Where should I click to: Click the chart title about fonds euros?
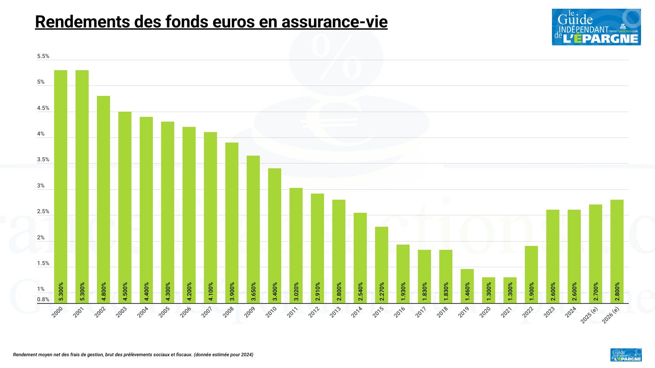pos(211,22)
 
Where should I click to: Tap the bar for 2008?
pos(232,223)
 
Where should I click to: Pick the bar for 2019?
pos(467,286)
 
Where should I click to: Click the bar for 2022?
pos(531,275)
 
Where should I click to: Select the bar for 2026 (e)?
pos(617,252)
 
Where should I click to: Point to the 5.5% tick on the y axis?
pos(43,56)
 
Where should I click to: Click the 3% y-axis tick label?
pos(41,186)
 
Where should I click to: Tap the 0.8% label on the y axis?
pos(43,300)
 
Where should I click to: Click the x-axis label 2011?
pos(292,312)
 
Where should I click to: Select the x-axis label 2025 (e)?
pos(589,315)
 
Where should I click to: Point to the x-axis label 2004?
pos(143,312)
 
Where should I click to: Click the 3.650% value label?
pos(253,292)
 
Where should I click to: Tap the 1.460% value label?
pos(467,292)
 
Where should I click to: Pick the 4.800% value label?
pos(103,292)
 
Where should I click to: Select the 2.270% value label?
pos(382,292)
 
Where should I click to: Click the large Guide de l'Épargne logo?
pos(596,27)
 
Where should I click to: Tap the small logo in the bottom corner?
pos(626,355)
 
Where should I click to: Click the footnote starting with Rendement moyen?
pos(133,355)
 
